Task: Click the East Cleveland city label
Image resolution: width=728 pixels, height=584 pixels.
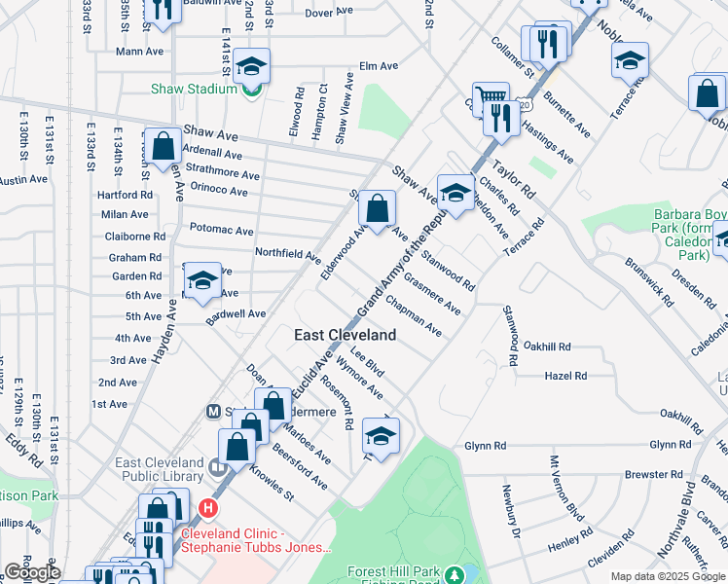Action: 346,335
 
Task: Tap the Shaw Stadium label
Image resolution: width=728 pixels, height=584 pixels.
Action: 194,89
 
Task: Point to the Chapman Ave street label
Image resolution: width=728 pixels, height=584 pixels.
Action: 413,317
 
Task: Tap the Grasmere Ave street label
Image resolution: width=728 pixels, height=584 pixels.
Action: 431,293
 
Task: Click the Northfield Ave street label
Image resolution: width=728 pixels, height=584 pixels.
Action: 287,255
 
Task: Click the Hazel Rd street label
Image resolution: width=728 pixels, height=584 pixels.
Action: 566,375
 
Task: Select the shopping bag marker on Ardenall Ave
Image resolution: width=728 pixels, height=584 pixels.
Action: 164,146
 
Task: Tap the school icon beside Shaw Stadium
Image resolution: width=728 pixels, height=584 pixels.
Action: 251,65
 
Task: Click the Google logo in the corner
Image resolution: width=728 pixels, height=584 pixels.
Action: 31,573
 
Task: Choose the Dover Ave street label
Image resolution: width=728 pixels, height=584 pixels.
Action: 329,13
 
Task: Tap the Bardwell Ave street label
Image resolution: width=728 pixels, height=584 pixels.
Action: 236,313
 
